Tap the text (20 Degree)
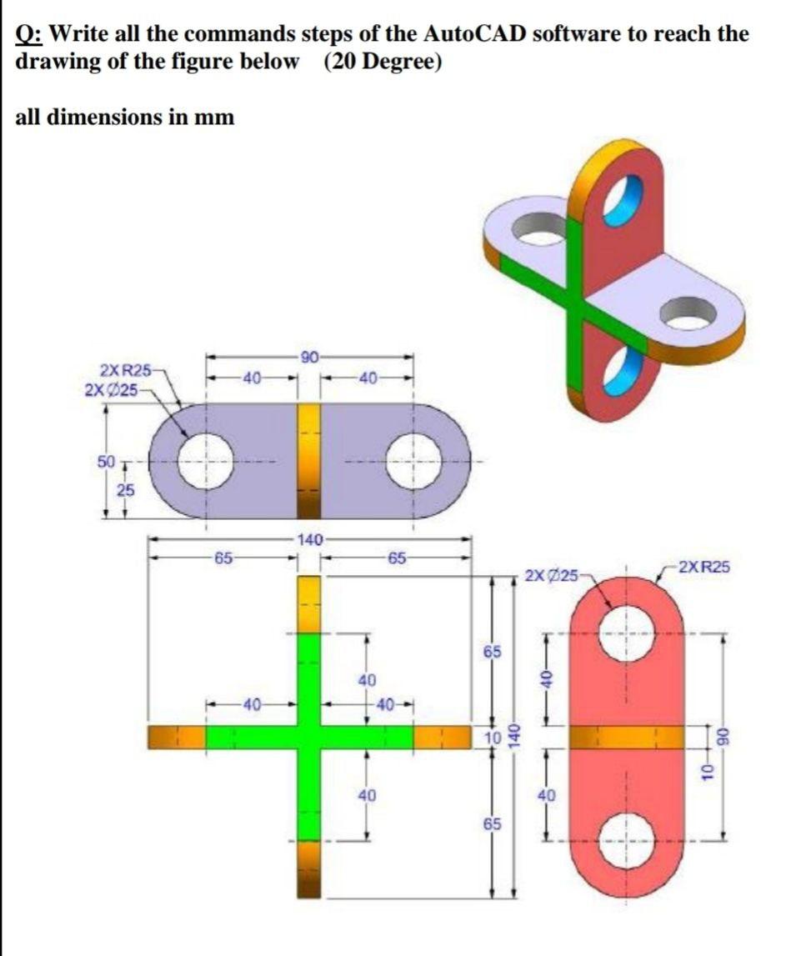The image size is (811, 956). tap(382, 63)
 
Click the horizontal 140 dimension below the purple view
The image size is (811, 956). tap(309, 540)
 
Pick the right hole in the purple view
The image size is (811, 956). tap(414, 461)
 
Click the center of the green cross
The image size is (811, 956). tap(309, 737)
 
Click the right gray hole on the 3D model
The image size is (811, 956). tap(688, 313)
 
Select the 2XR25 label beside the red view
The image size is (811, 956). tap(704, 568)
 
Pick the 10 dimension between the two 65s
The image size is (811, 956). tap(493, 737)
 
